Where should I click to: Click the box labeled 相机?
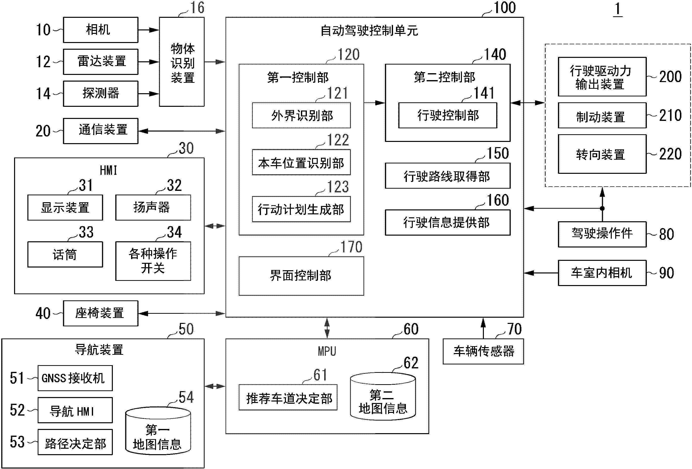[100, 30]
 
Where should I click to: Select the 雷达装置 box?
[100, 62]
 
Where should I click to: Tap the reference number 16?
[197, 8]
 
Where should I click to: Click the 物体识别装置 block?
[182, 62]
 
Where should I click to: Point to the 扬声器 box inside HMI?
[153, 207]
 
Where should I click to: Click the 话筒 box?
[65, 254]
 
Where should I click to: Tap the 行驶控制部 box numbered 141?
[448, 115]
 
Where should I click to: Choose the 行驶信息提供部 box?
[447, 223]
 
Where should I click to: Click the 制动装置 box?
[602, 116]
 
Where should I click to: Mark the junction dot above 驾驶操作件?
[602, 208]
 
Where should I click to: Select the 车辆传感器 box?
[483, 351]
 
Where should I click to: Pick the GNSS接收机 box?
[75, 378]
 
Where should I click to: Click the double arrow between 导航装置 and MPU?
[215, 386]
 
